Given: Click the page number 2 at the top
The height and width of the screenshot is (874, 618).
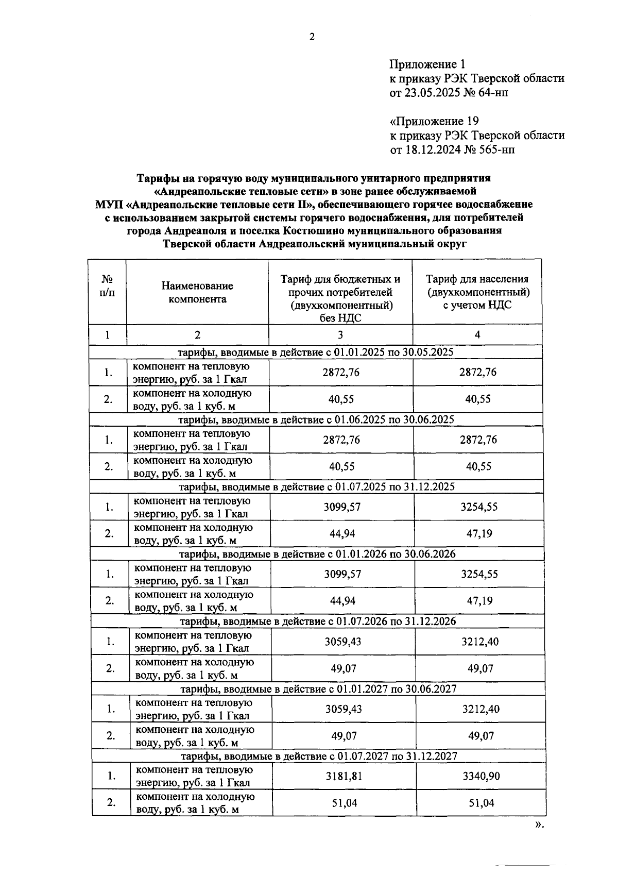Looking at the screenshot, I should [x=311, y=37].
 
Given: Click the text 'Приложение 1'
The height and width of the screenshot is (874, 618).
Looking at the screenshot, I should [x=427, y=64].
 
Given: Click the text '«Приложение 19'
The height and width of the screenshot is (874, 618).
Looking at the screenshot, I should [x=434, y=122].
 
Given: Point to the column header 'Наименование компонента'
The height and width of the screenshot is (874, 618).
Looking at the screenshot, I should [x=197, y=292].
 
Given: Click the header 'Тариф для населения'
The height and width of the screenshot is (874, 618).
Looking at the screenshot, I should [x=477, y=279].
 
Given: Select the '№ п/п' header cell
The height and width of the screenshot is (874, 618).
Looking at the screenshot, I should [x=107, y=285].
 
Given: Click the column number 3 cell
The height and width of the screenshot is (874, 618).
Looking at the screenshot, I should [x=340, y=334].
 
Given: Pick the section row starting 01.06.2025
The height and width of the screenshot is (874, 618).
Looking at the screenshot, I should [x=316, y=419].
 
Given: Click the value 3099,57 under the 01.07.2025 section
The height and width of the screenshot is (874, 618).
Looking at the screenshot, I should [x=342, y=507].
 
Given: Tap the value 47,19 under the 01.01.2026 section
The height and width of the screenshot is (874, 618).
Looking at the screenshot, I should [x=480, y=601].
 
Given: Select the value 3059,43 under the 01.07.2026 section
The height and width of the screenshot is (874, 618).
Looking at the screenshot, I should [x=343, y=642].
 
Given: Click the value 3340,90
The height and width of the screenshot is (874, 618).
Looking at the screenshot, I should [x=481, y=776].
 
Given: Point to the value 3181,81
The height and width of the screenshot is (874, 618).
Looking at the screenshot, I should [x=344, y=776].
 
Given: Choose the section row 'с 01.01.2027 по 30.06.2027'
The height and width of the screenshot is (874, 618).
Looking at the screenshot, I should [x=318, y=689].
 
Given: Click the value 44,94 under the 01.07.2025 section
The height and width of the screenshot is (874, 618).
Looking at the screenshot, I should [x=342, y=534].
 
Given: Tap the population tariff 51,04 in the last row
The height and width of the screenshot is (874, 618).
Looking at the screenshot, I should [x=481, y=803].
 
